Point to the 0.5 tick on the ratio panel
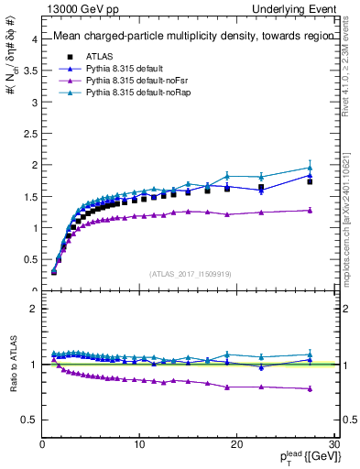point(30,420)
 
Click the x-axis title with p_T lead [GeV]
point(303,457)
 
